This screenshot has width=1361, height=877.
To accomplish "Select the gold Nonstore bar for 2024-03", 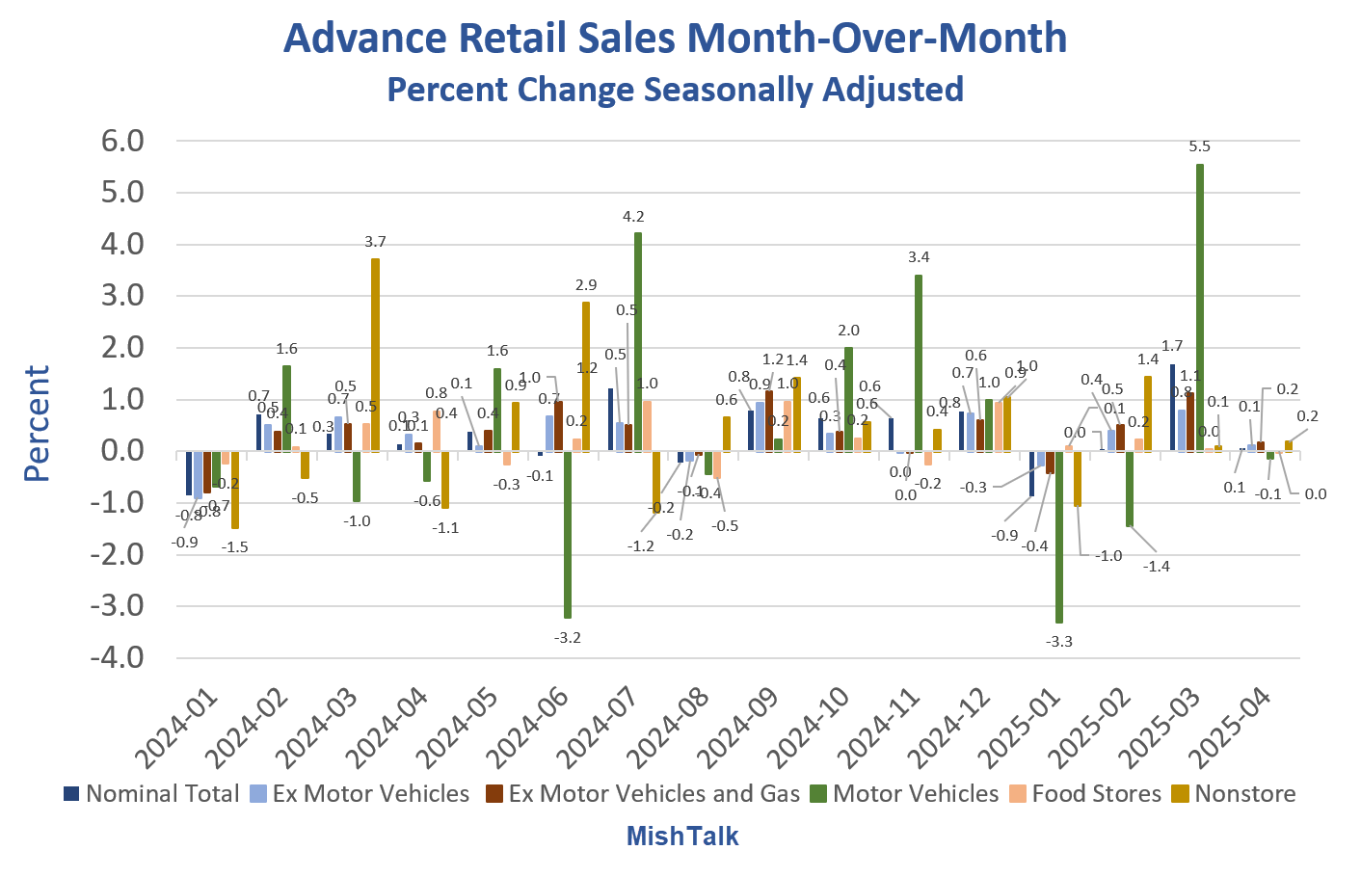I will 375,354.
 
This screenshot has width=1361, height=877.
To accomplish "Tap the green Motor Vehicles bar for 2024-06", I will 568,534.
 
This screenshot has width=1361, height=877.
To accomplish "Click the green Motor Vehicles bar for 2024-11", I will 919,362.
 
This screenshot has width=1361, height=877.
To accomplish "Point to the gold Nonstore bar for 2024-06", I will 585,376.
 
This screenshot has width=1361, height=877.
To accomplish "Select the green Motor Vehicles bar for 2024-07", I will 638,341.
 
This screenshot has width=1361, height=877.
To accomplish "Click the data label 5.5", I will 1199,146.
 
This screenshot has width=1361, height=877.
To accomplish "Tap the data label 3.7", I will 375,242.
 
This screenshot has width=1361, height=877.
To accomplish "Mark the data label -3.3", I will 1059,641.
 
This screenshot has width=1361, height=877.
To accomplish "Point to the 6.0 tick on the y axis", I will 122,141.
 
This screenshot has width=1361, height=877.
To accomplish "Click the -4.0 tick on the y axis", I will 118,658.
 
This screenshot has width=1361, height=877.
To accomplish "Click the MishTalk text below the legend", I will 682,836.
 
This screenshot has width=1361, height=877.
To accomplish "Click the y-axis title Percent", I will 37,423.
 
